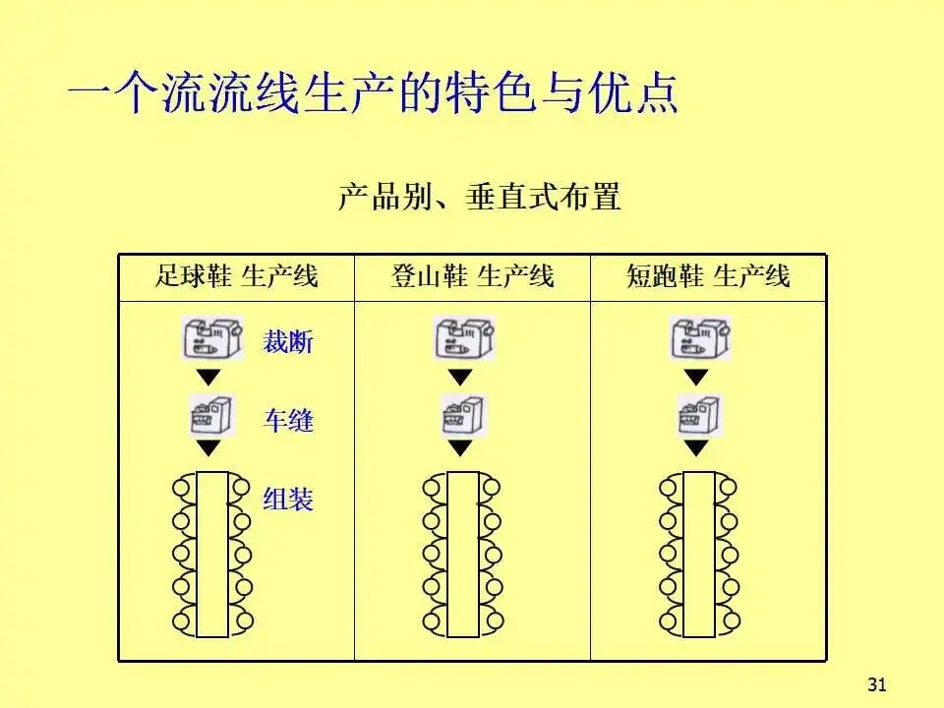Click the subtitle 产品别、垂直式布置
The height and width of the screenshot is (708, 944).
click(480, 197)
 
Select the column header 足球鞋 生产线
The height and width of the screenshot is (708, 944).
click(236, 276)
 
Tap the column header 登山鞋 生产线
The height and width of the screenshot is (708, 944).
click(472, 276)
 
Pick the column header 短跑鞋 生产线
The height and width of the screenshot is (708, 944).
click(708, 276)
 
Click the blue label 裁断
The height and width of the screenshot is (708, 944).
click(288, 343)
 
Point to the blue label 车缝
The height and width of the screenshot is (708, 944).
click(288, 421)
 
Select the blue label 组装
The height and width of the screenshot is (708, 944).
click(288, 499)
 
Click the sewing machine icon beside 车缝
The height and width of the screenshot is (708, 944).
click(210, 415)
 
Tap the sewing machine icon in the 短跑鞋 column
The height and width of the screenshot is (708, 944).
click(699, 415)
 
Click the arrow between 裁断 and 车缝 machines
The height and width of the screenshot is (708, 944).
click(208, 377)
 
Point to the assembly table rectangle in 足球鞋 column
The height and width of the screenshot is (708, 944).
click(211, 555)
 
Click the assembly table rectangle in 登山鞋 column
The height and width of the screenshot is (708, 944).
click(462, 555)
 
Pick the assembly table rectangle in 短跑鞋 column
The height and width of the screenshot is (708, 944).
click(699, 555)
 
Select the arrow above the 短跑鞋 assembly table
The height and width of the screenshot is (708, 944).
click(697, 448)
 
